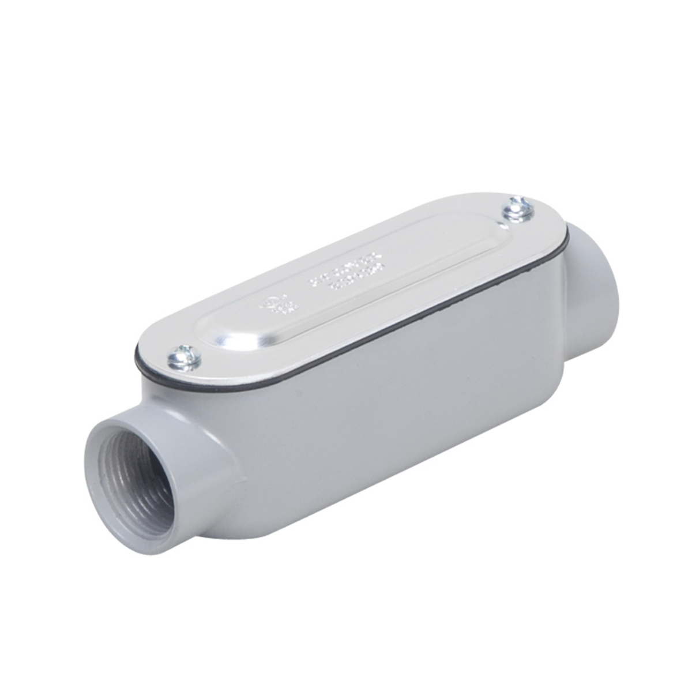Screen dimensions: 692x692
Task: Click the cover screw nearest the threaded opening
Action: pyautogui.click(x=183, y=361)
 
